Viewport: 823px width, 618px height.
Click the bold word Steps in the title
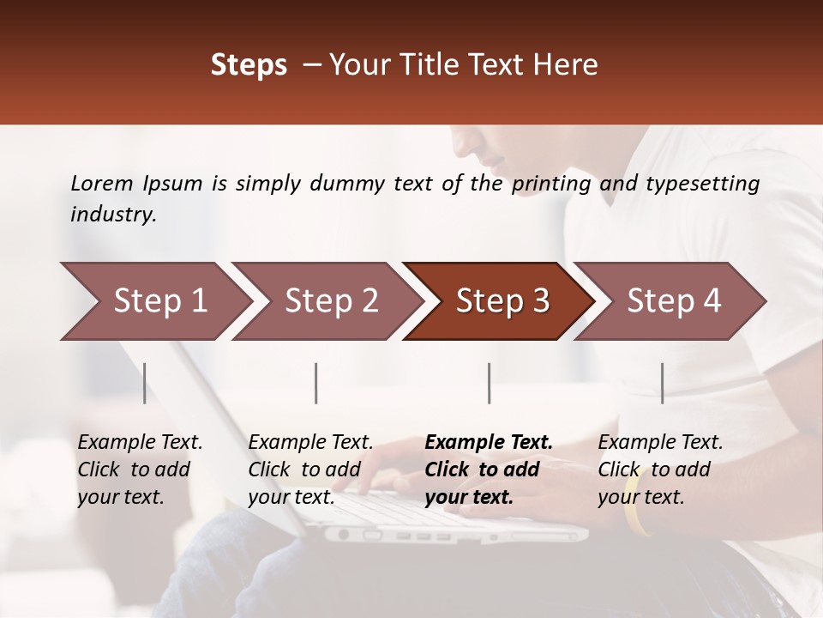pos(249,65)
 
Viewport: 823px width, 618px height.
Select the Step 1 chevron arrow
pos(154,301)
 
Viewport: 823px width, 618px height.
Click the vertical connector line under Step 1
pos(145,383)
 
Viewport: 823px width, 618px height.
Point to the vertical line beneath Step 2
pos(316,383)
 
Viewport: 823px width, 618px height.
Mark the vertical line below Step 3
pos(490,383)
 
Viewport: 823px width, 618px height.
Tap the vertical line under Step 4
pos(662,383)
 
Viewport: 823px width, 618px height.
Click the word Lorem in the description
pos(102,183)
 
